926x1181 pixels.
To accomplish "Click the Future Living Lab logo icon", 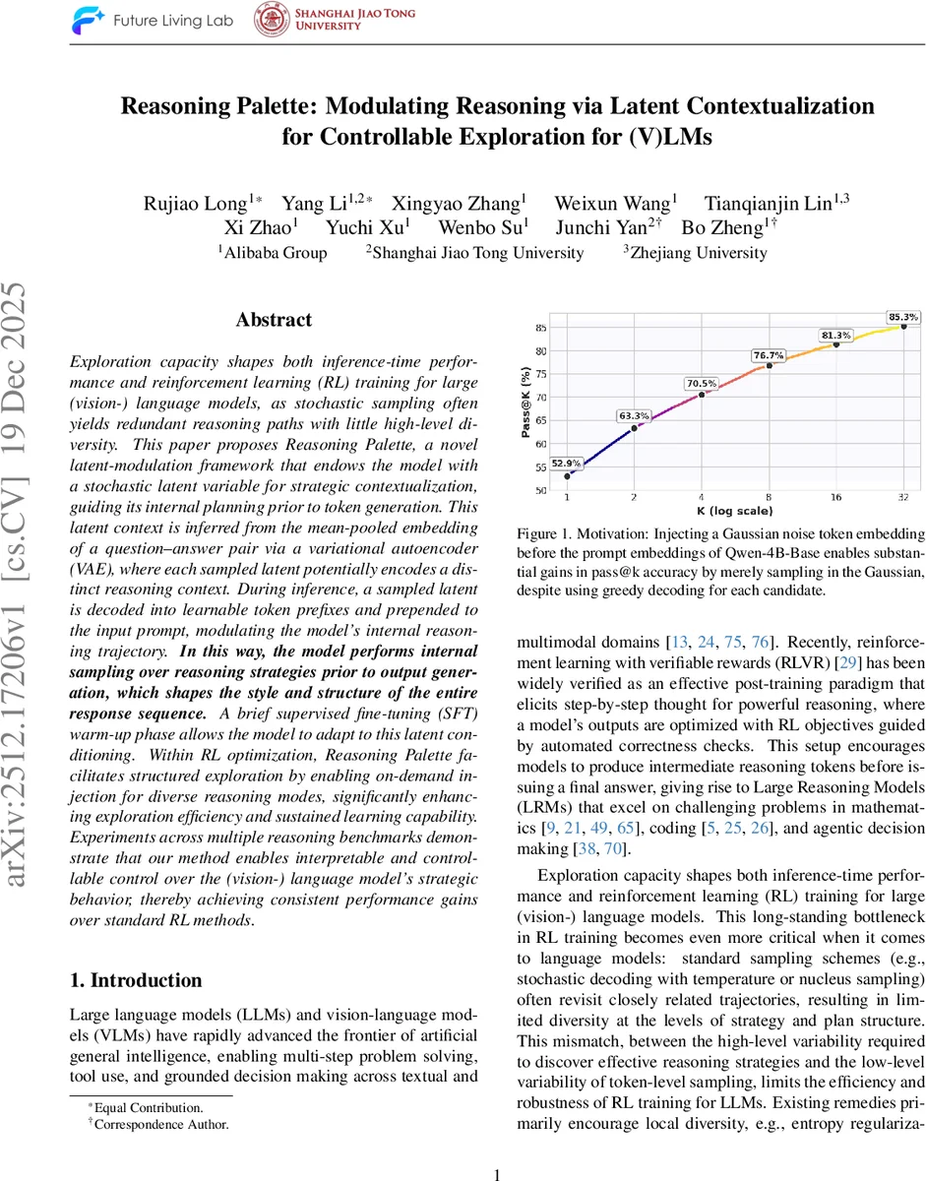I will tap(90, 22).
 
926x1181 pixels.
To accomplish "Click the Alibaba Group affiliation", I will tap(276, 253).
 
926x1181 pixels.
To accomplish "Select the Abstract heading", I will tap(274, 320).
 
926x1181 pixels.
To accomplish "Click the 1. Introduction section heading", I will tap(136, 980).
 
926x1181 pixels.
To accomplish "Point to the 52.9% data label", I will tap(566, 463).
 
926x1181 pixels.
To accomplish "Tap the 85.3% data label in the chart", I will tap(902, 317).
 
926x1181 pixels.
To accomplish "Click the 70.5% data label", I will tap(702, 383).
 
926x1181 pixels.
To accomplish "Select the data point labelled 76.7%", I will tap(770, 365).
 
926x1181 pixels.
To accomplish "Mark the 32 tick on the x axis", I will tap(903, 499).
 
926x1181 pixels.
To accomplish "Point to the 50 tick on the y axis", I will tap(540, 490).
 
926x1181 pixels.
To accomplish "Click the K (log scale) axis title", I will tap(735, 511).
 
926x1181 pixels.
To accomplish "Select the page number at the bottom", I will tap(497, 1147).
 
